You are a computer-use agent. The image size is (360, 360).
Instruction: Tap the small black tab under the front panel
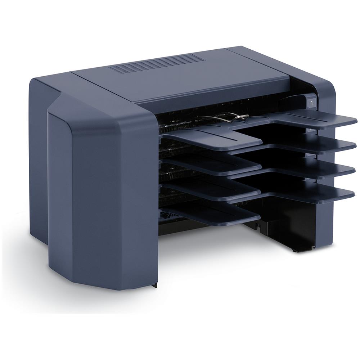tap(156, 285)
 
